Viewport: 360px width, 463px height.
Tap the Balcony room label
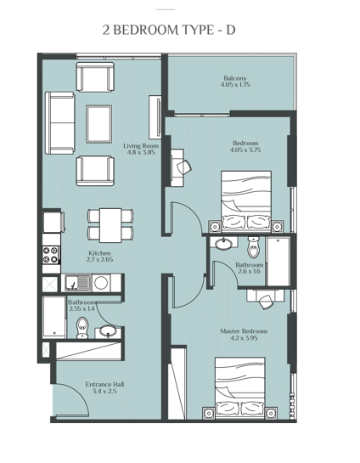coord(235,76)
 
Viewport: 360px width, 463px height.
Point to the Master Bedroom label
coord(248,330)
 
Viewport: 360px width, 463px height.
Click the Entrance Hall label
coord(105,384)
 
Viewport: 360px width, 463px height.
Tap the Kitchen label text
coord(100,252)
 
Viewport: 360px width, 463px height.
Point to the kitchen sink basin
coord(76,283)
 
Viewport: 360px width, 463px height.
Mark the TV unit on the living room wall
coord(155,116)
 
